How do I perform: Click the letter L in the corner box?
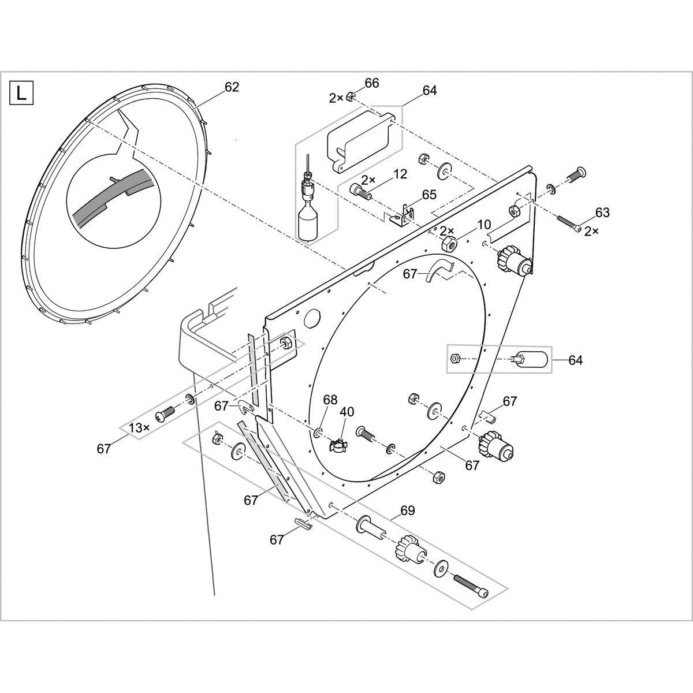click(21, 94)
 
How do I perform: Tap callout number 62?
click(232, 87)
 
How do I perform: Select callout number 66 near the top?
click(372, 83)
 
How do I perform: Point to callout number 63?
click(602, 213)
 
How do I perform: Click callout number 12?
click(400, 174)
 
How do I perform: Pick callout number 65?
click(429, 194)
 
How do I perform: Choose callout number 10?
click(484, 224)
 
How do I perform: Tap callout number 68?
click(330, 400)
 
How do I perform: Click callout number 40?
click(346, 412)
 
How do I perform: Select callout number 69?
click(408, 511)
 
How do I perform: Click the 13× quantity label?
click(139, 428)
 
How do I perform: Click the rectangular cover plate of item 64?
click(361, 141)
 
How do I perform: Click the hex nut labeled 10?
click(449, 245)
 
